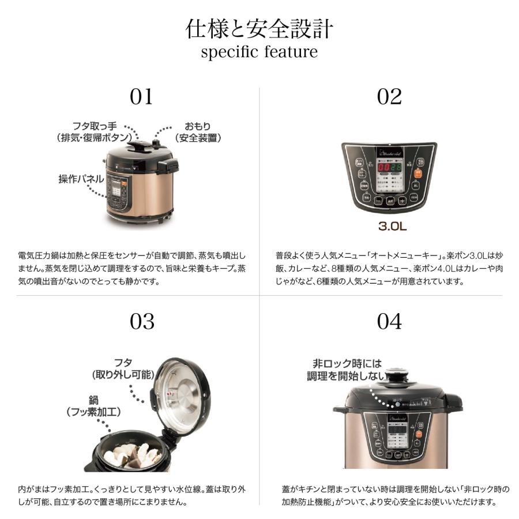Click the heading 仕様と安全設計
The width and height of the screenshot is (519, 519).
pyautogui.click(x=259, y=28)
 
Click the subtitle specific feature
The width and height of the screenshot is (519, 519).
pyautogui.click(x=259, y=52)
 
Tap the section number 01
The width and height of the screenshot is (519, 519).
pyautogui.click(x=141, y=97)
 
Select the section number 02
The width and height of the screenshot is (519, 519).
pyautogui.click(x=389, y=97)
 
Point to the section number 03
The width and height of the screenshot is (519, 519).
pyautogui.click(x=141, y=322)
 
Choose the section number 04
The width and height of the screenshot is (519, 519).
pyautogui.click(x=389, y=322)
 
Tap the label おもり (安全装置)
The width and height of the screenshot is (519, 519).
pyautogui.click(x=197, y=132)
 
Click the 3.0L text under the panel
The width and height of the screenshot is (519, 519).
pyautogui.click(x=392, y=226)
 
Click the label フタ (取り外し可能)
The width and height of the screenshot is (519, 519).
pyautogui.click(x=123, y=368)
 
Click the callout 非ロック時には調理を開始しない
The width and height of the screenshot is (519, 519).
pyautogui.click(x=347, y=370)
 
